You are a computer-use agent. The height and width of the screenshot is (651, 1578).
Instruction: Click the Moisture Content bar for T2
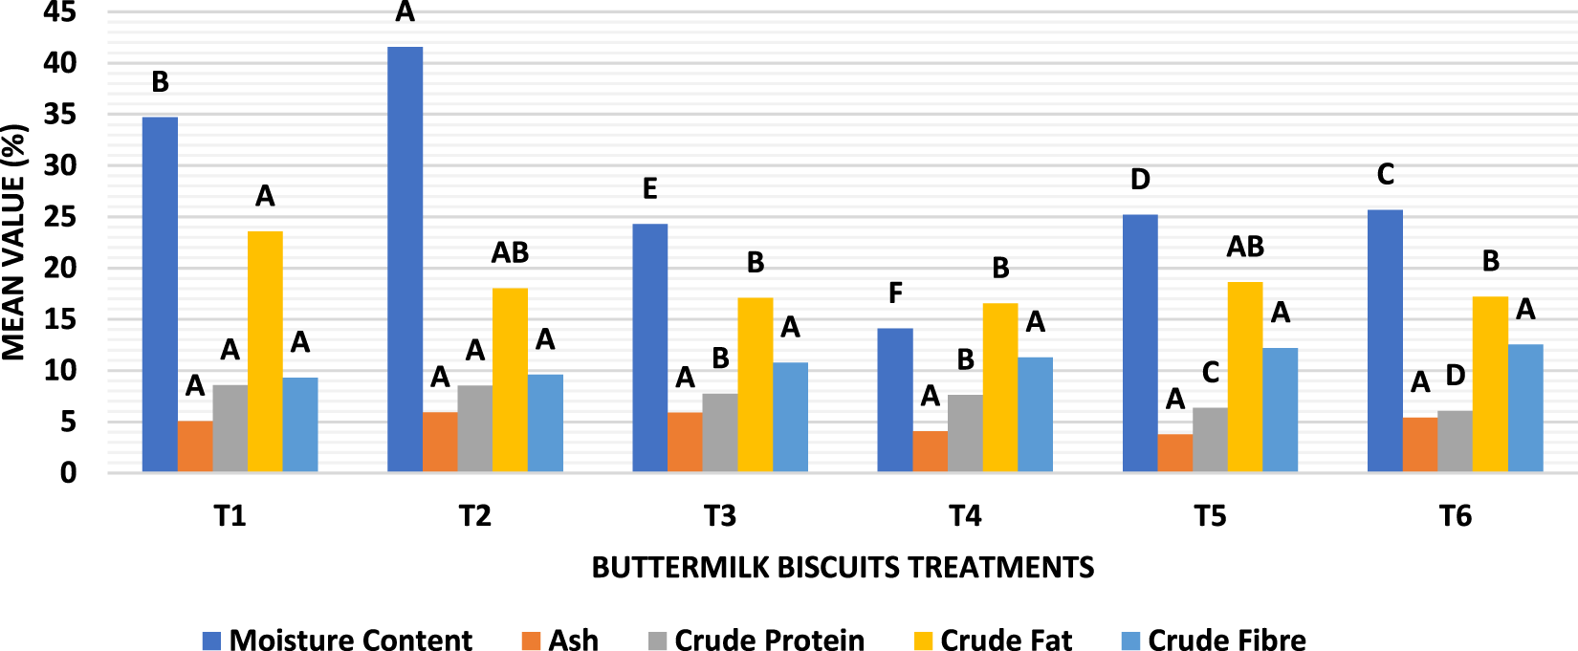point(405,258)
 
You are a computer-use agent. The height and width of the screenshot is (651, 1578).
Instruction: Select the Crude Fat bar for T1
point(265,351)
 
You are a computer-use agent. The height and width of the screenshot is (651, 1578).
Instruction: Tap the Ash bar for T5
point(1174,453)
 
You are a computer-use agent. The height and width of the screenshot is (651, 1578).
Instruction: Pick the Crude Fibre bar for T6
point(1525,408)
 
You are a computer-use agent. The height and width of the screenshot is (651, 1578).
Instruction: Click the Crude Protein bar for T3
point(719,432)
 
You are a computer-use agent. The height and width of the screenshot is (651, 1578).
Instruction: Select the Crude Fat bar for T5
point(1245,377)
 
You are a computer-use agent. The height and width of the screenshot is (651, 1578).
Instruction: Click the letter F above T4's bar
point(895,293)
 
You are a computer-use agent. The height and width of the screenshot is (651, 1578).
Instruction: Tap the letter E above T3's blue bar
point(649,189)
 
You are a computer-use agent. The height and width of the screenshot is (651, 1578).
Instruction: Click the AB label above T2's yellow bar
point(510,252)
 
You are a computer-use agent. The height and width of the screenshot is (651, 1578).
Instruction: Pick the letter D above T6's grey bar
point(1455,376)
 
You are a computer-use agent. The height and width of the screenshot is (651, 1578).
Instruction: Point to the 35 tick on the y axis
point(59,115)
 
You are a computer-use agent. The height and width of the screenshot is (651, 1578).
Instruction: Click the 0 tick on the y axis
point(68,472)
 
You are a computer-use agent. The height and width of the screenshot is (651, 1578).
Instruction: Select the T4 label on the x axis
point(965,516)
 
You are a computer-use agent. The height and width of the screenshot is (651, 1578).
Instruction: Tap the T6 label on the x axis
point(1455,516)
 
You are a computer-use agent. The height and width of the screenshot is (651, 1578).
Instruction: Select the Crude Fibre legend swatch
point(1129,640)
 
